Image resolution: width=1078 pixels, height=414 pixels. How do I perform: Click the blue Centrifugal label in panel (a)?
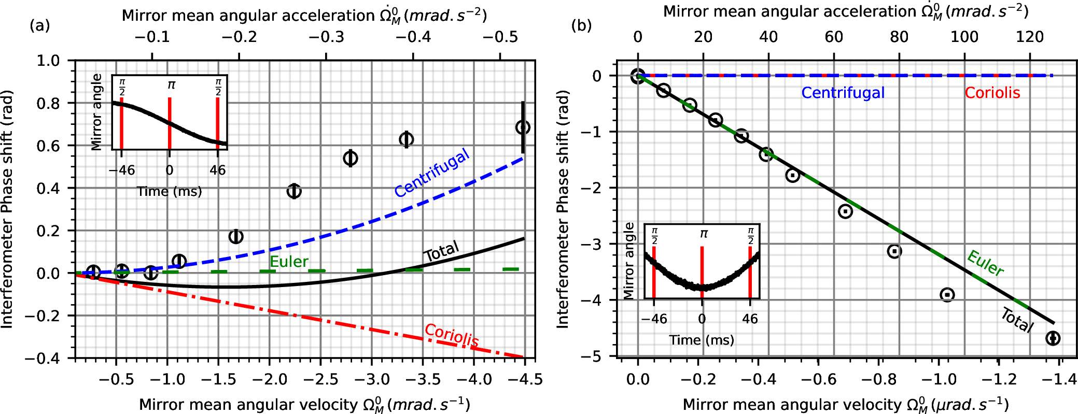(x=432, y=173)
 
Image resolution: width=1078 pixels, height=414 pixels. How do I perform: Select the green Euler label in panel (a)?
(x=289, y=262)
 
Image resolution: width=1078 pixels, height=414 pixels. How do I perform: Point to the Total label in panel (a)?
(x=441, y=251)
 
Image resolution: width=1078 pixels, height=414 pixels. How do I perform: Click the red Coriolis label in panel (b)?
(x=992, y=93)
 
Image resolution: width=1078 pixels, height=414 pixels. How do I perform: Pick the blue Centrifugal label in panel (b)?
(x=843, y=93)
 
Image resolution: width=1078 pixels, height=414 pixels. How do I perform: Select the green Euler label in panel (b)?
(x=985, y=263)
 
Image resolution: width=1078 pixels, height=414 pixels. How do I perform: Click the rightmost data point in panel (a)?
(x=523, y=127)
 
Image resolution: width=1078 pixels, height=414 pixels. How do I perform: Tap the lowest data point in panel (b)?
(x=1053, y=338)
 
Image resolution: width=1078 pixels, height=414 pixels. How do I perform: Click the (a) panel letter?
(x=40, y=25)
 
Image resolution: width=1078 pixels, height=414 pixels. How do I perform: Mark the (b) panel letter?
(x=581, y=25)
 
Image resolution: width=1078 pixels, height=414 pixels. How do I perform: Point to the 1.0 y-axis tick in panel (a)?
(x=48, y=61)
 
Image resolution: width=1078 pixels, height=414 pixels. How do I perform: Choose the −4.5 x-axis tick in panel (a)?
(x=524, y=379)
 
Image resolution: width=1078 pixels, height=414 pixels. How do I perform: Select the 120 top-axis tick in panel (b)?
(x=1029, y=37)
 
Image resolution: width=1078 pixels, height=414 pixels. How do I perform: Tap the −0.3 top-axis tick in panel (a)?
(x=327, y=37)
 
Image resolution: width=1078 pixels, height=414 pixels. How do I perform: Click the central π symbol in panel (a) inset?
(x=171, y=84)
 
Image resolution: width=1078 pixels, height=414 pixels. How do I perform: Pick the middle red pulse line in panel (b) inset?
(x=702, y=268)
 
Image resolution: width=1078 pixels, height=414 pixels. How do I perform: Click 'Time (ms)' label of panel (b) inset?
(x=702, y=340)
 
